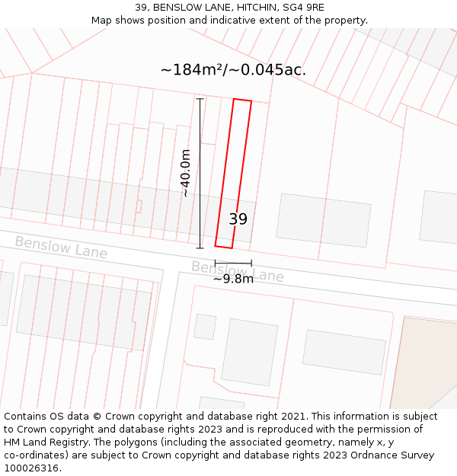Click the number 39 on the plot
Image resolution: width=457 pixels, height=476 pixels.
[x=238, y=219]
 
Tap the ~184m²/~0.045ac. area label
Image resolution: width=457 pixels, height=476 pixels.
[x=233, y=70]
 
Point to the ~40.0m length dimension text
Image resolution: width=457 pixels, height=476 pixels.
[x=185, y=173]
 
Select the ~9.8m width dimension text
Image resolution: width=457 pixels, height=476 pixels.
[x=233, y=279]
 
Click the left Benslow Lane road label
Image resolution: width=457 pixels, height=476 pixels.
[x=61, y=247]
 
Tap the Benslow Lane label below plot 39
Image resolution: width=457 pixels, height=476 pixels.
[x=237, y=271]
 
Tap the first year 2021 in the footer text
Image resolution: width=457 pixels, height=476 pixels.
[x=293, y=417]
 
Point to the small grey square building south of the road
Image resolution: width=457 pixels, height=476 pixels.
[x=204, y=326]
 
